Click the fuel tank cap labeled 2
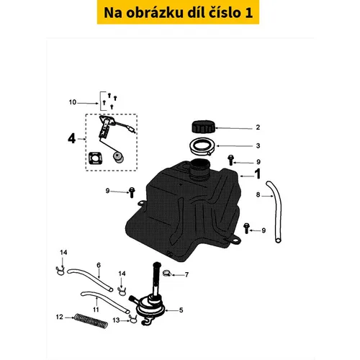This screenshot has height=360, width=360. [204, 127]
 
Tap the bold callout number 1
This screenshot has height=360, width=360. [257, 174]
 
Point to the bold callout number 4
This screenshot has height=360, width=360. [72, 138]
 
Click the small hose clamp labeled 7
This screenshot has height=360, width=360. [166, 273]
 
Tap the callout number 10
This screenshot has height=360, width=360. [73, 102]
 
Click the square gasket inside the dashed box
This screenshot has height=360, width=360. [95, 158]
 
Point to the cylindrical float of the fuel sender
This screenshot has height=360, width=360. [118, 157]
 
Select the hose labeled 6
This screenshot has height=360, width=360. [90, 279]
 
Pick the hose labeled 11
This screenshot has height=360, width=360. [105, 302]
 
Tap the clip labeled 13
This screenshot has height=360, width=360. [132, 320]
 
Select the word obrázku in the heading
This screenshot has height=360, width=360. [155, 12]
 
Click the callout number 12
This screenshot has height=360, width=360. [60, 317]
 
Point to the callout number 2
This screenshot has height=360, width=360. [258, 127]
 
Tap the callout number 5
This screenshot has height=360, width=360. [181, 310]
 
